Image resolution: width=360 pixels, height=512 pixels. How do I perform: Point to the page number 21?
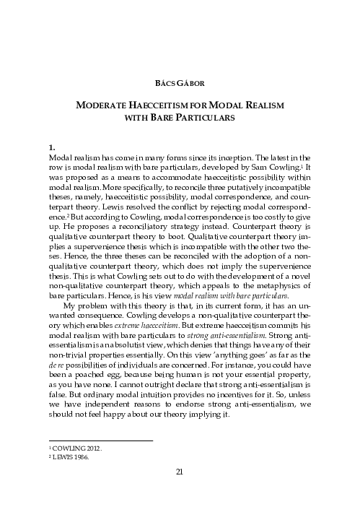180,472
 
